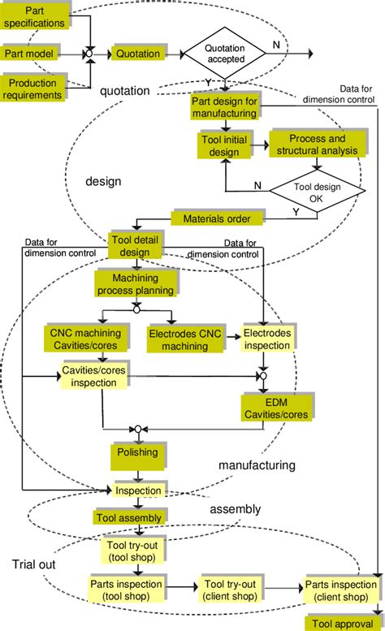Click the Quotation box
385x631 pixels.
click(x=136, y=53)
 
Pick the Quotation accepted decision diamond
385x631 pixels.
click(x=224, y=53)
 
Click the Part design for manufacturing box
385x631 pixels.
click(x=224, y=106)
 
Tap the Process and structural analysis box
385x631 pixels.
click(x=316, y=145)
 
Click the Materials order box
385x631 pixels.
click(x=217, y=218)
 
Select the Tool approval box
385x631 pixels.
click(x=342, y=623)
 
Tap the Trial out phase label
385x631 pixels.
click(x=34, y=564)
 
